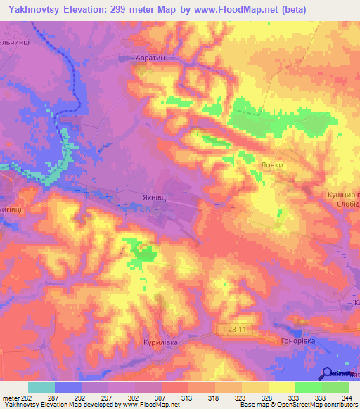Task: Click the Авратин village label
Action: click(150, 59)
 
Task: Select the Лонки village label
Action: click(271, 166)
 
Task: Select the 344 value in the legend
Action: click(347, 397)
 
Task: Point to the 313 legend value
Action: click(188, 397)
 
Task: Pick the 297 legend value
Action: click(107, 397)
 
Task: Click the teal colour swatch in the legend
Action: click(41, 387)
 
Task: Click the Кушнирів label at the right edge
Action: click(343, 193)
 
